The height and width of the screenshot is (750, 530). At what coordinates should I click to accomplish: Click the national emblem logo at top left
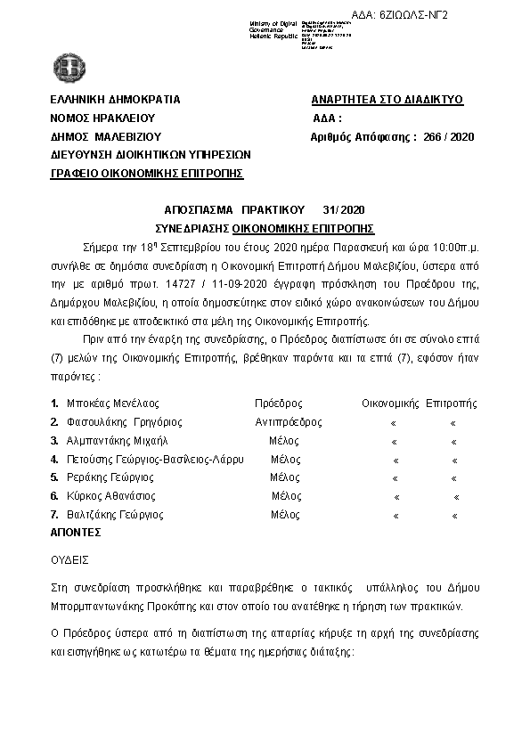tap(67, 66)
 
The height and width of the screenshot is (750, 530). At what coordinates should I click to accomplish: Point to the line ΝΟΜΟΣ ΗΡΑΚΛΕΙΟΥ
tap(103, 118)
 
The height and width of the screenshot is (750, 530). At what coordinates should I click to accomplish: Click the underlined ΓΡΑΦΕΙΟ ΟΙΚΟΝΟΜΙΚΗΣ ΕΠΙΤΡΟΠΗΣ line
tap(147, 173)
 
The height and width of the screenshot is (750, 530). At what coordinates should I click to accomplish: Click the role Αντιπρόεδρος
tap(289, 421)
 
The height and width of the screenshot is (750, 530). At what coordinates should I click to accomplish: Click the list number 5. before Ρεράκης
tap(55, 477)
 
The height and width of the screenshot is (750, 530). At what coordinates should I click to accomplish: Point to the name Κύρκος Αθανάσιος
tap(111, 496)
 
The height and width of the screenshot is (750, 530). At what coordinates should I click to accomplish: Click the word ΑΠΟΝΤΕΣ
tap(76, 532)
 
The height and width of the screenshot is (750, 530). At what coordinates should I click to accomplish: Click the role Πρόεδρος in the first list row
tap(279, 403)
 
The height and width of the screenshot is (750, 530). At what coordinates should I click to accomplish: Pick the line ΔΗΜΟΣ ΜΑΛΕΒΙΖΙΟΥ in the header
tap(105, 136)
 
